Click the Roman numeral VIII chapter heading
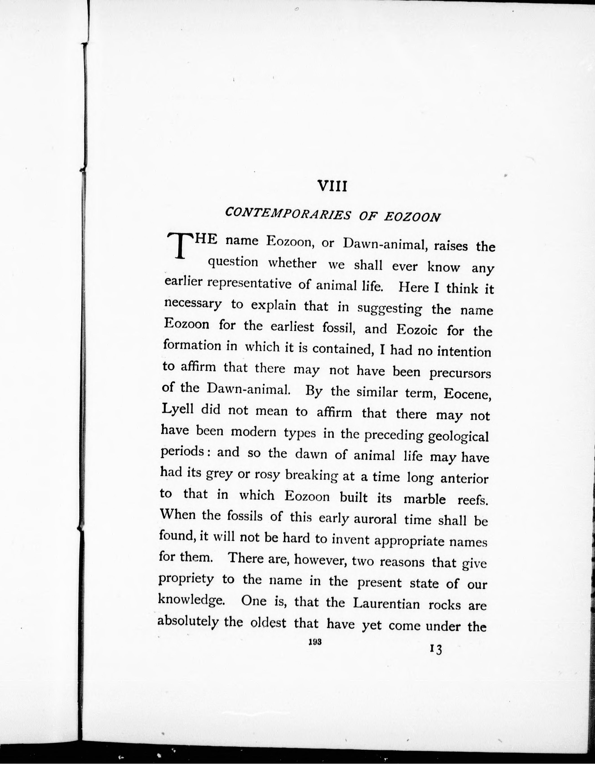[331, 186]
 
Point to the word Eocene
[468, 395]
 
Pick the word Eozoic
[417, 329]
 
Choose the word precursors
[460, 373]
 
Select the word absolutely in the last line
[188, 621]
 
